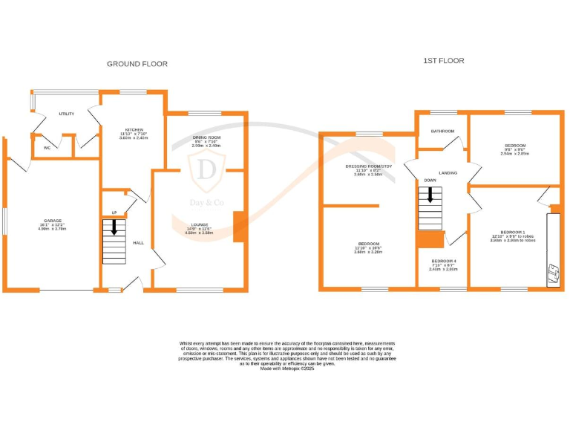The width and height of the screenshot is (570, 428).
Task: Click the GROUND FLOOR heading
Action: (x=137, y=64)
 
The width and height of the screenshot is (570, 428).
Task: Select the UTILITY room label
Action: (x=67, y=114)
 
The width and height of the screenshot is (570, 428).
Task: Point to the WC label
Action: (x=47, y=148)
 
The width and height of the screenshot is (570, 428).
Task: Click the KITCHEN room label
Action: (x=134, y=129)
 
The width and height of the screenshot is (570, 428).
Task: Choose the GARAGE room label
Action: (x=52, y=221)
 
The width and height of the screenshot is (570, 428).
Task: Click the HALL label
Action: (x=139, y=242)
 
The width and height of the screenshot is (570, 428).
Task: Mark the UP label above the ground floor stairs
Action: (x=114, y=213)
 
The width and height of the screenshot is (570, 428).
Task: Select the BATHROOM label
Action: (x=442, y=132)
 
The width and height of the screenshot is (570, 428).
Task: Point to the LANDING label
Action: (x=448, y=172)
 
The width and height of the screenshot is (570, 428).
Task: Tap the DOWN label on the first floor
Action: (x=430, y=181)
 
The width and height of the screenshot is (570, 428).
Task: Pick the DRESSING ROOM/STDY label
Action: (x=368, y=166)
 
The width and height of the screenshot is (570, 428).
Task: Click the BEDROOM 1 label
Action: (x=513, y=232)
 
